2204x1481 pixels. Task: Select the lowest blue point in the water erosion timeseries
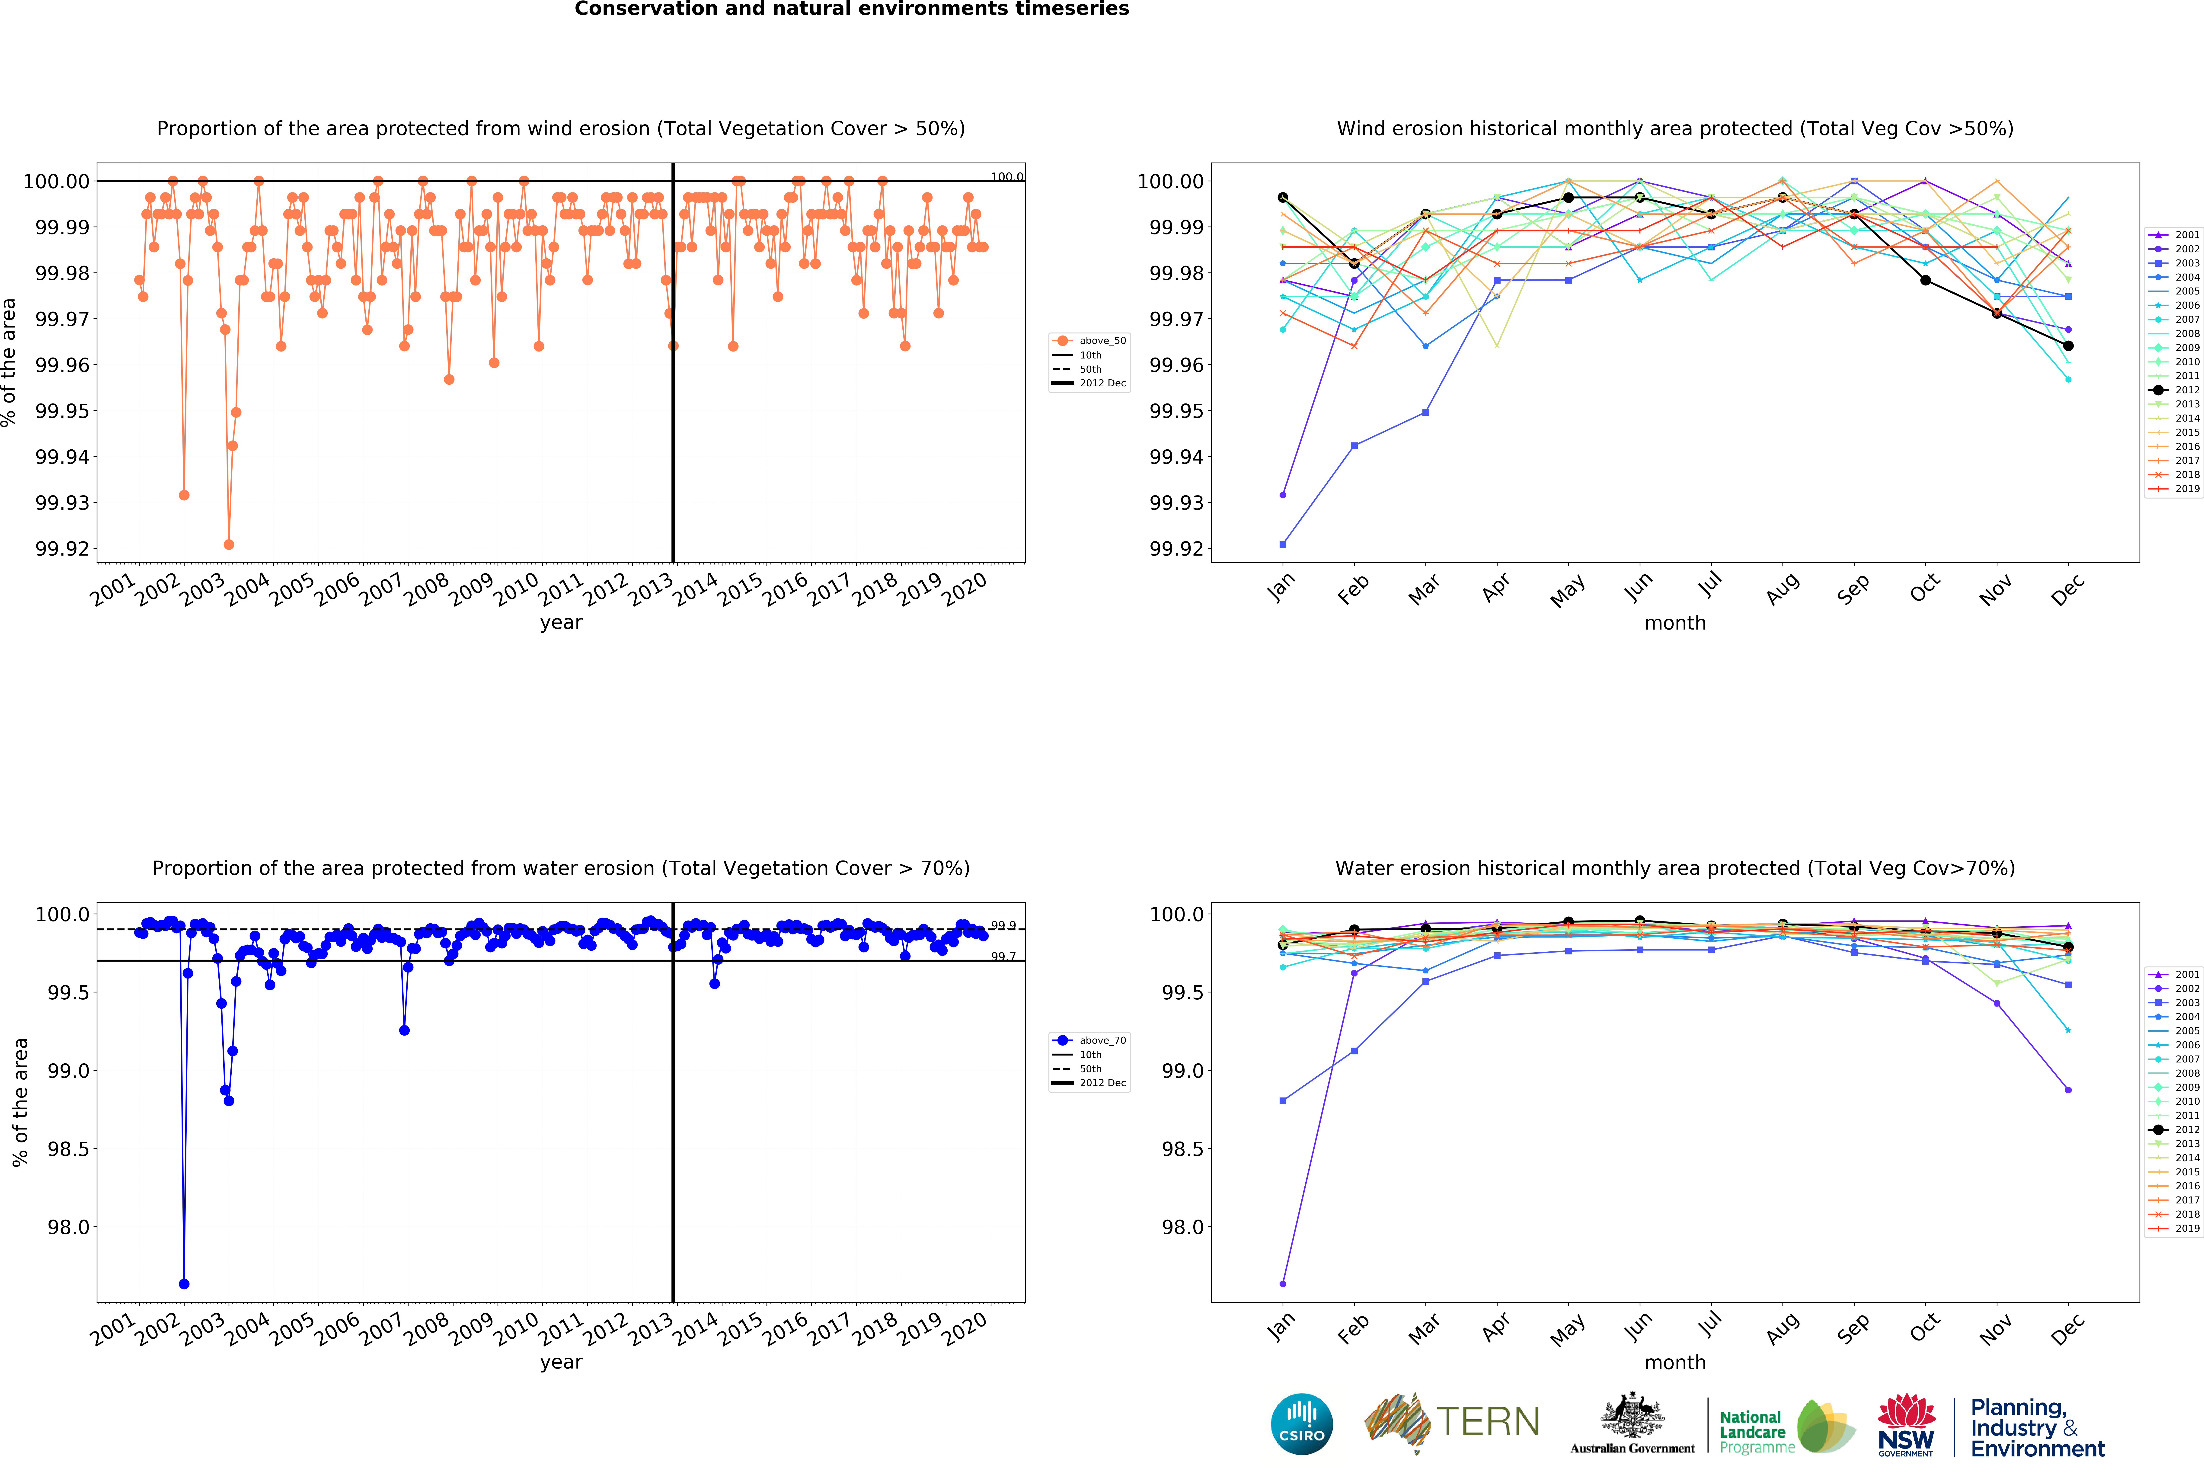click(184, 1284)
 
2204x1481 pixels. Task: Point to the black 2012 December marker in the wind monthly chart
click(2068, 346)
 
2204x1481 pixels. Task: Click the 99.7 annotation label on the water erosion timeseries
click(1003, 957)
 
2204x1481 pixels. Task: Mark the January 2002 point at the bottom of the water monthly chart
click(1282, 1284)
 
